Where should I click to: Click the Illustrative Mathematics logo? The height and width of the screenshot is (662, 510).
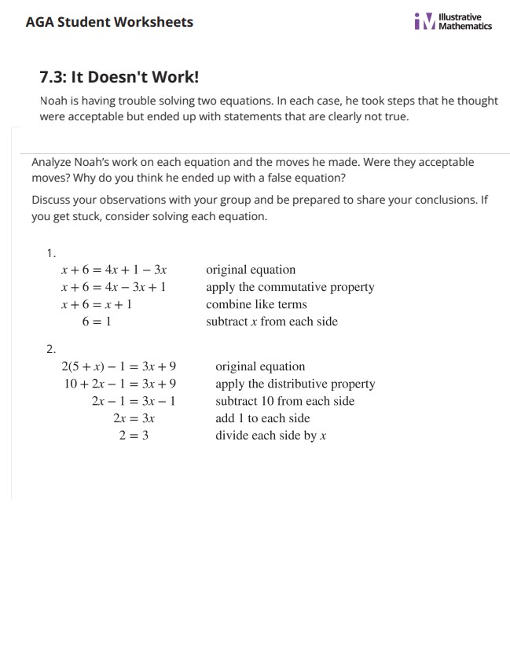point(453,21)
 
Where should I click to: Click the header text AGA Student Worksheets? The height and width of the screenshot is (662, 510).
point(109,22)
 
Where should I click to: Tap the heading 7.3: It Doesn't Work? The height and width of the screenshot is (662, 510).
point(119,77)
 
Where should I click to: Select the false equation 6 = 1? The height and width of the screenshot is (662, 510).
point(97,322)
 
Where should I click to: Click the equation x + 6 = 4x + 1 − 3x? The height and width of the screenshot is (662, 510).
point(114,270)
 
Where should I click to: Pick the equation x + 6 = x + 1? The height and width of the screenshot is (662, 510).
point(97,304)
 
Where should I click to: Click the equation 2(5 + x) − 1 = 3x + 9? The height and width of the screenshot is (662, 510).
point(119,366)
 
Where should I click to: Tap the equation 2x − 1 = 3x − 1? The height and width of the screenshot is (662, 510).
point(133,401)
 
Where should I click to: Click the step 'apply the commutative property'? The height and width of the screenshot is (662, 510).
point(290,287)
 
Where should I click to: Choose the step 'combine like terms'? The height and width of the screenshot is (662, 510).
point(256,304)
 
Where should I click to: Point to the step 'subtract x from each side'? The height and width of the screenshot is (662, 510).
point(272,322)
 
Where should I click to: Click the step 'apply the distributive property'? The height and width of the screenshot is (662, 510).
point(295,384)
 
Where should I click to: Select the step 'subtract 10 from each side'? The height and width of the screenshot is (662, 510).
point(284,401)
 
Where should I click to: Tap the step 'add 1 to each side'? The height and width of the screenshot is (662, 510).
point(262,418)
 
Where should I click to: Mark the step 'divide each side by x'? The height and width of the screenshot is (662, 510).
point(270,435)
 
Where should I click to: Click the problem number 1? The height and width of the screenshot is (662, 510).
point(51,252)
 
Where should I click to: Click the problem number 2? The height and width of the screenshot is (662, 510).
point(51,349)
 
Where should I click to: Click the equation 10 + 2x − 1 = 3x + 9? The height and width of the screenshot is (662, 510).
point(120,384)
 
